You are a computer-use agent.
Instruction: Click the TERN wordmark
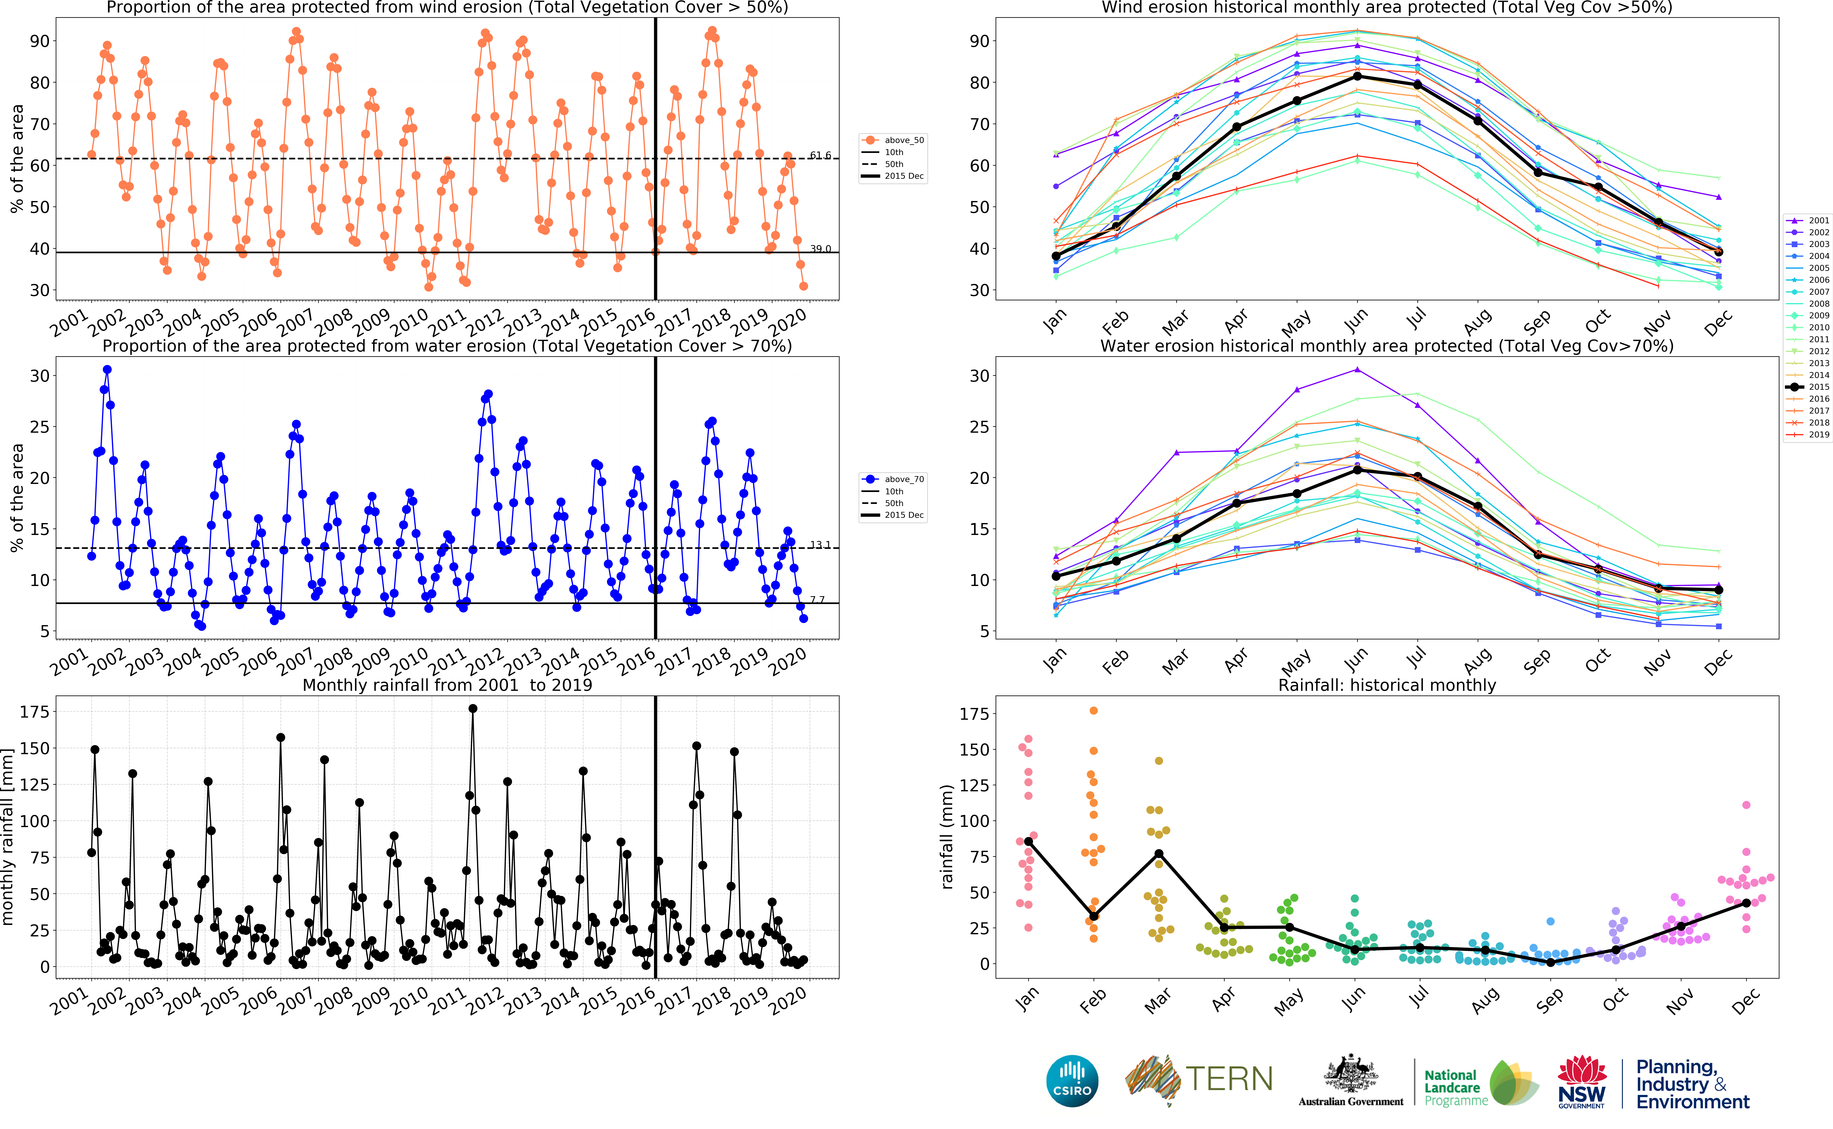(1229, 1079)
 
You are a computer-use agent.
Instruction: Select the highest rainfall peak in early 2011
(473, 709)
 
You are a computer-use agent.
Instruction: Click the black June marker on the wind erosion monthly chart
(1357, 76)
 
